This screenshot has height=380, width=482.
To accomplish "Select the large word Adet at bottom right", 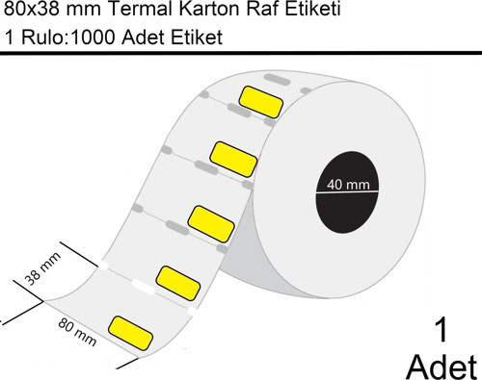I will coord(442,366).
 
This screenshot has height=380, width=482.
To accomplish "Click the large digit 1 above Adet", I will coord(442,331).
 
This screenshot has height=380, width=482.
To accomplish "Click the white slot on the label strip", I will coord(144,287).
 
